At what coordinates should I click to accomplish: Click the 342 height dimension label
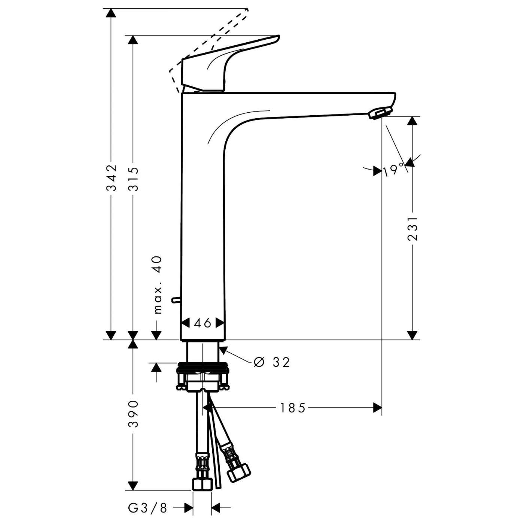111,177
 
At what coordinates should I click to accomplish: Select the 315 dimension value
133,179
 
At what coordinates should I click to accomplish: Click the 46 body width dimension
202,323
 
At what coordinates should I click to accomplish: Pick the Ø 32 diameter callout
272,362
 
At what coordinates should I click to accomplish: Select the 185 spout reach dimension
293,408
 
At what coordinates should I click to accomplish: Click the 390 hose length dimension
133,414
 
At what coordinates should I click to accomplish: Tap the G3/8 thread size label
147,508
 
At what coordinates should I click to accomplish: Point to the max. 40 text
158,284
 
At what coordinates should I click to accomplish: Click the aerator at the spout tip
380,113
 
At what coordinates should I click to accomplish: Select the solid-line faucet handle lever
225,64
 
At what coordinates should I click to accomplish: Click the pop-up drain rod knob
175,299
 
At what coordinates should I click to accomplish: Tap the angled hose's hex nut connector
239,472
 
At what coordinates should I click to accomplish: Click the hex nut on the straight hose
202,484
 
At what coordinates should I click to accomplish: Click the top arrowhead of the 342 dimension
111,13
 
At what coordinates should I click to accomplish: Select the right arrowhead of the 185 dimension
377,408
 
